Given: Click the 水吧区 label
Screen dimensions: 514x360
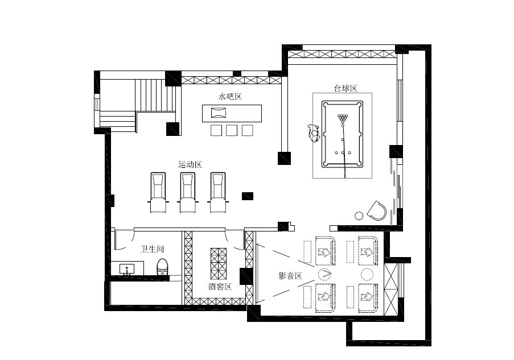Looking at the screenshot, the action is tap(230, 97).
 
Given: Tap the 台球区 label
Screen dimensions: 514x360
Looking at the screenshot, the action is tap(345, 89).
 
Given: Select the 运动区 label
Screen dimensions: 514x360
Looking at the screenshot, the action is tap(190, 164).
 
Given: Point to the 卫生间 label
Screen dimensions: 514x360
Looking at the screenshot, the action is tap(152, 249).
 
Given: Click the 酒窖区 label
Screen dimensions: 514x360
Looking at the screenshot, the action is tap(220, 287).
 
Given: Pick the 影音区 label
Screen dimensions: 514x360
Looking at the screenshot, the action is tap(290, 276).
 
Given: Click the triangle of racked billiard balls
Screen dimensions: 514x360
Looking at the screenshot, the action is tap(343, 118).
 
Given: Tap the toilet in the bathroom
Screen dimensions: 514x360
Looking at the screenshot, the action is tap(162, 267).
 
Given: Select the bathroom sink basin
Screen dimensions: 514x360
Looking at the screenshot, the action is tap(126, 269).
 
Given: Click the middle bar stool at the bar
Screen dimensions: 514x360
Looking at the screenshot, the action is tap(232, 130).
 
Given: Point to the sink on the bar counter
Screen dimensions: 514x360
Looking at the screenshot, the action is tap(219, 113).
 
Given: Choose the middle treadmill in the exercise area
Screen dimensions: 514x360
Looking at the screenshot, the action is tap(188, 193).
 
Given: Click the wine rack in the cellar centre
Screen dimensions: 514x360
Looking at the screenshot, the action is tap(219, 264).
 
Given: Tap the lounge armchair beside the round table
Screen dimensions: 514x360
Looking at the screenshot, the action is tap(377, 210).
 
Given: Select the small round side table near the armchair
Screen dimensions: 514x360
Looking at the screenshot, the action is tap(359, 216).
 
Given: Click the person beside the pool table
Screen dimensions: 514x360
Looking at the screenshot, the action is tap(314, 133).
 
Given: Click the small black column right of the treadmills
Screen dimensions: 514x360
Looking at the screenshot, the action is tap(248, 196).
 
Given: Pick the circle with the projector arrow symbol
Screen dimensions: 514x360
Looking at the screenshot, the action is tap(324, 274).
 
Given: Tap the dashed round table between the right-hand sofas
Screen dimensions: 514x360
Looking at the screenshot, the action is tap(367, 274).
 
